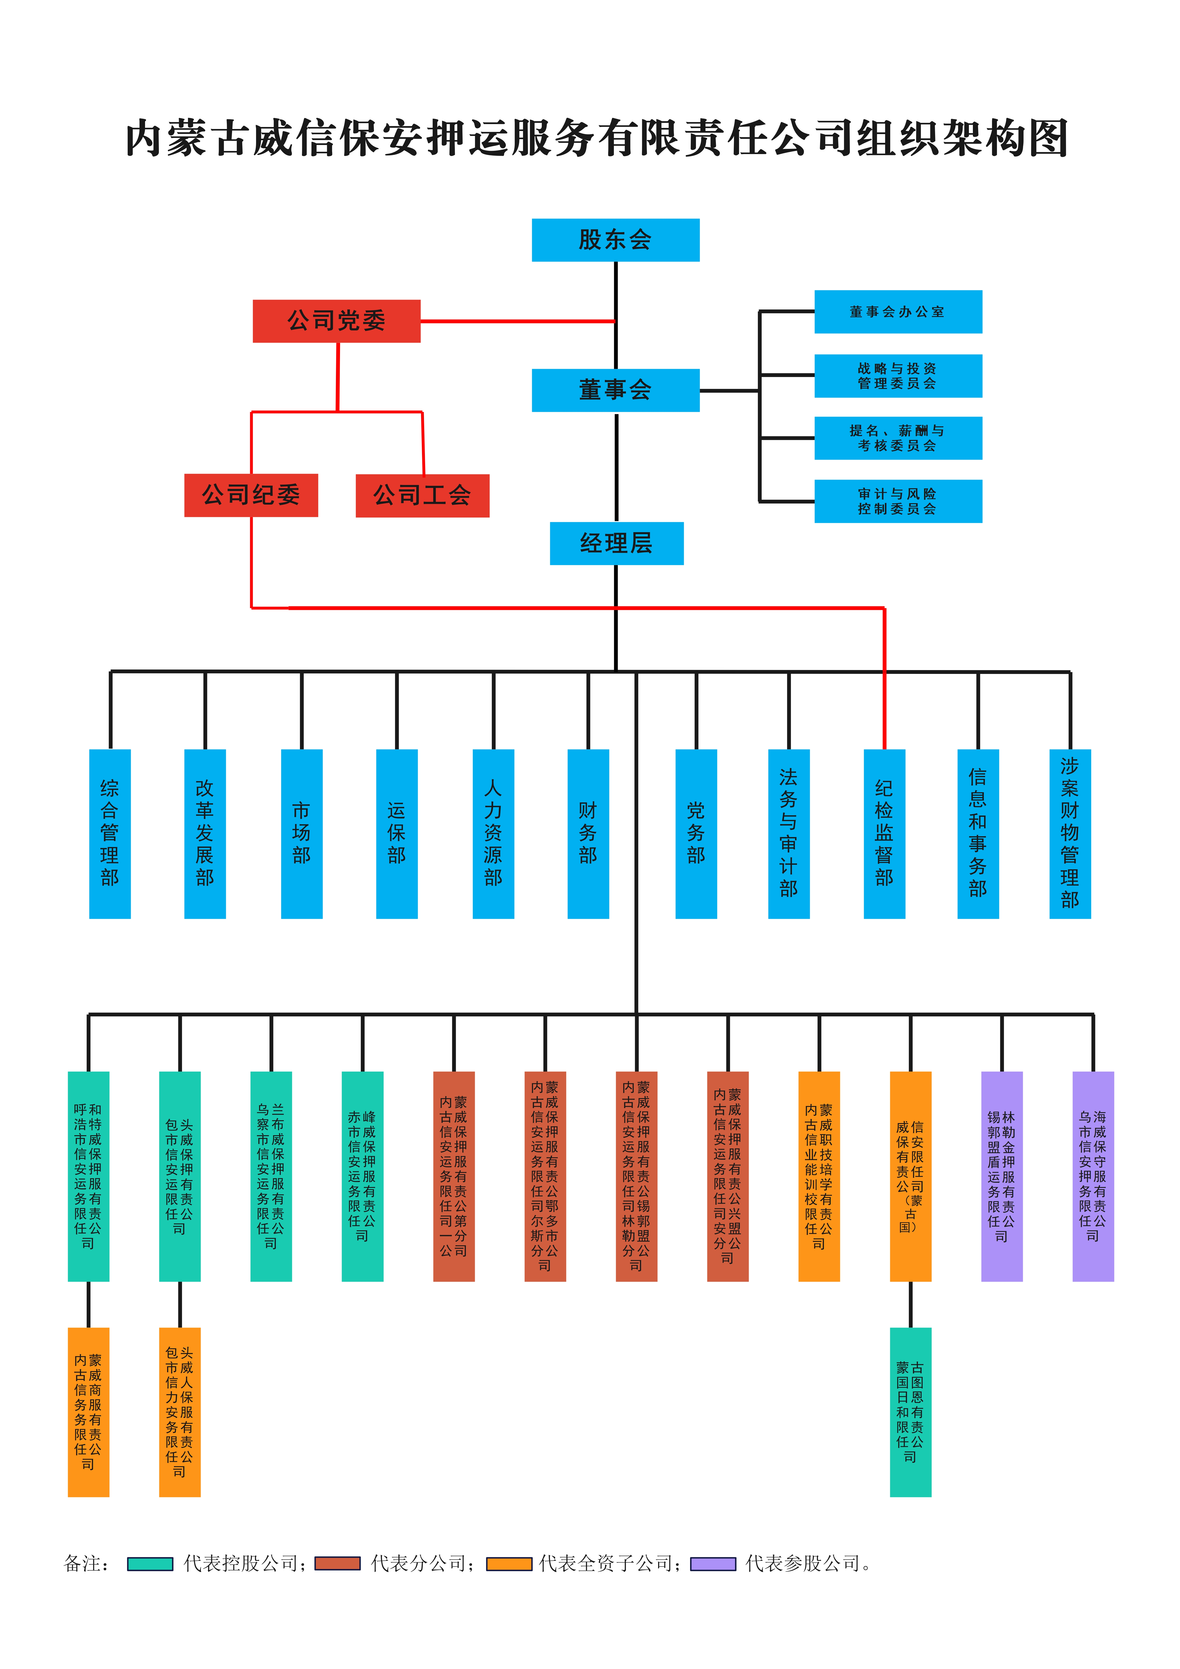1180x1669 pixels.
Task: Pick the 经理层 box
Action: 617,543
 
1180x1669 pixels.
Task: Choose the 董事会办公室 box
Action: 898,312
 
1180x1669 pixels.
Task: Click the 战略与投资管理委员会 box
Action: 898,376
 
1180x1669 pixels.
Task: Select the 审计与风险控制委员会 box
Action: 898,501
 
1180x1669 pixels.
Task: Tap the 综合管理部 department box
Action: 110,834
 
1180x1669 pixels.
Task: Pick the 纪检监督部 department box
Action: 884,834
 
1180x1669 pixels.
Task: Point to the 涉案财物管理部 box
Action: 1070,834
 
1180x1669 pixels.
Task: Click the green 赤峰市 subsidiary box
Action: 362,1176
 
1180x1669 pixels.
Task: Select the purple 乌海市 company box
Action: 1093,1176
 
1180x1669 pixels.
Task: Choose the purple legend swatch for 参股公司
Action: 713,1564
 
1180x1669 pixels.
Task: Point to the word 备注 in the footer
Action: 81,1564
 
